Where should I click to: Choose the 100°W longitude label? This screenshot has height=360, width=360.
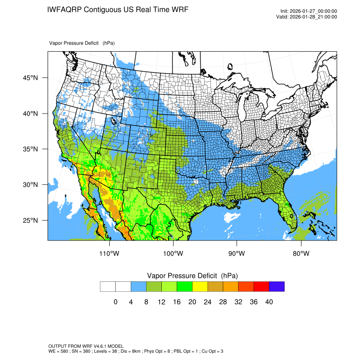click(x=173, y=253)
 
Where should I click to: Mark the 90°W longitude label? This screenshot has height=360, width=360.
click(x=237, y=253)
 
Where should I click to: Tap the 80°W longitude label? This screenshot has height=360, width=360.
click(x=301, y=253)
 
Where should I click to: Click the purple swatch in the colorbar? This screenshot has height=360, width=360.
click(x=277, y=287)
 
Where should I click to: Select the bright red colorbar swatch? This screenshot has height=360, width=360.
click(x=261, y=287)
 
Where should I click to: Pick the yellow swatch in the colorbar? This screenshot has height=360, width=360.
click(x=200, y=287)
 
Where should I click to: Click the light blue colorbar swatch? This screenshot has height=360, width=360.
click(x=138, y=287)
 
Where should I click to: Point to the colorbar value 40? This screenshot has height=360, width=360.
click(x=269, y=302)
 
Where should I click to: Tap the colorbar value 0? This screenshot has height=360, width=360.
click(x=116, y=302)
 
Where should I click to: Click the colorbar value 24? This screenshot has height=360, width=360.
click(x=208, y=302)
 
